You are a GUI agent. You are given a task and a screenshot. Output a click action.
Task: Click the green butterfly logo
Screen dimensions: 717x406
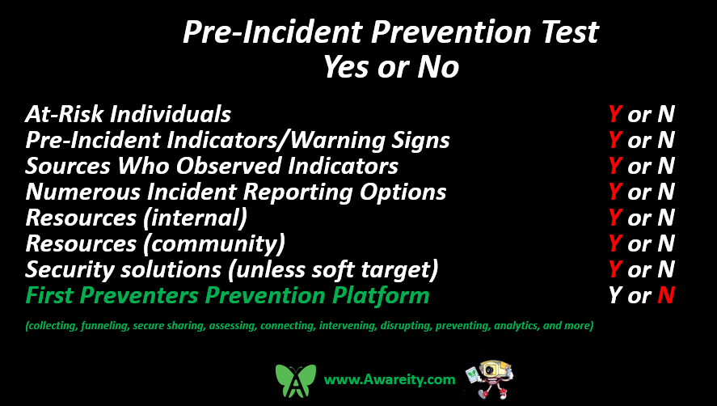click(295, 380)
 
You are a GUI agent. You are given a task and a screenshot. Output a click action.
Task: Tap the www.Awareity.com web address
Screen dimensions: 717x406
click(390, 379)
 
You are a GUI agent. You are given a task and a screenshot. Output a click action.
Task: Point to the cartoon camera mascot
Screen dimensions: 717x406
click(489, 379)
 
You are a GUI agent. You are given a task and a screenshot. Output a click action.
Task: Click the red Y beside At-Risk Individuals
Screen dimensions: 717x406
click(615, 114)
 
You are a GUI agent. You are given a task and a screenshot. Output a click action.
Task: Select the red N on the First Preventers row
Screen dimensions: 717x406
click(666, 296)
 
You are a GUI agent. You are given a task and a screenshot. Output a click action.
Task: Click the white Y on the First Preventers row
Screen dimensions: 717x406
click(615, 296)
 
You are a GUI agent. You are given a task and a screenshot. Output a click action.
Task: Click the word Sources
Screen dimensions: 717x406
click(68, 166)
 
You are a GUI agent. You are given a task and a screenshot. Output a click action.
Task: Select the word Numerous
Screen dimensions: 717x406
click(82, 192)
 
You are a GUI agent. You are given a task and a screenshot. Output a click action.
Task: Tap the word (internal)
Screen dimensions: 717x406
click(196, 218)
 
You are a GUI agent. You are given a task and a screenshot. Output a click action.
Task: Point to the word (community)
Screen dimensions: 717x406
click(214, 243)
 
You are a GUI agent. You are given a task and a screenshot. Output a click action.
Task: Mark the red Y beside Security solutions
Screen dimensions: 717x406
click(615, 269)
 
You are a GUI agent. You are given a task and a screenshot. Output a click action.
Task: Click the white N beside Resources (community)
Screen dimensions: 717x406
click(666, 243)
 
